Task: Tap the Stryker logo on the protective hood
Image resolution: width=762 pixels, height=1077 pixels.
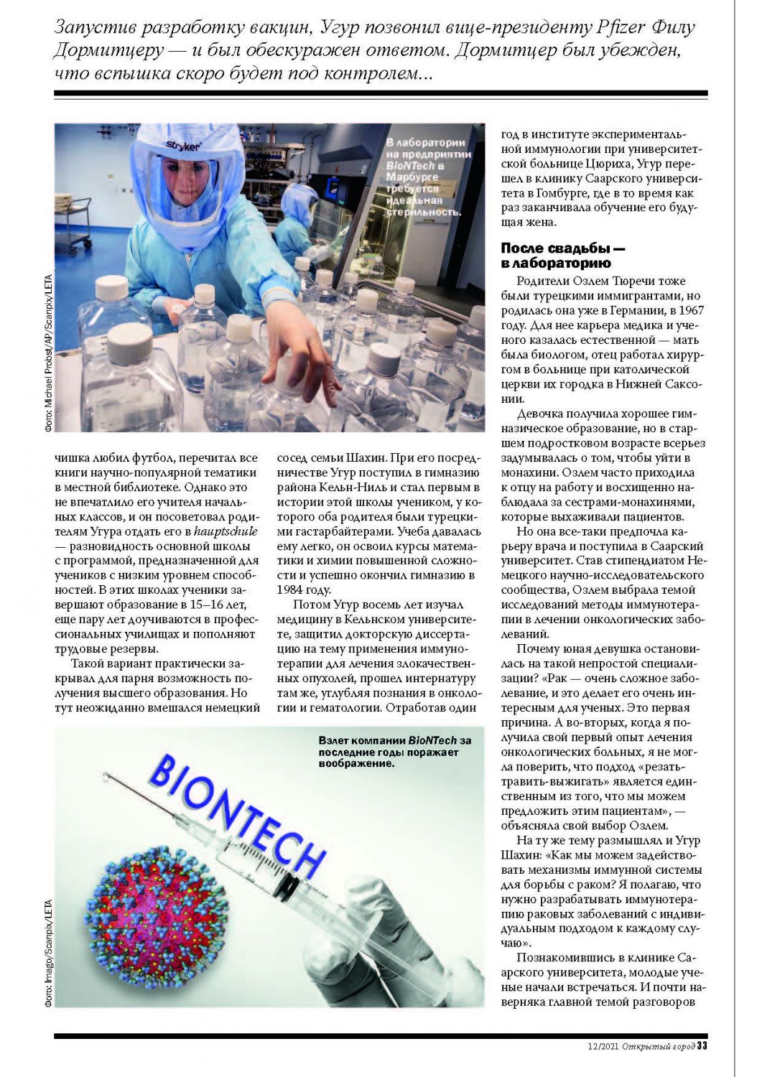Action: [185, 146]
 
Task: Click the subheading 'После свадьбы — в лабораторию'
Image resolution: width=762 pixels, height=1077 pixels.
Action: [562, 256]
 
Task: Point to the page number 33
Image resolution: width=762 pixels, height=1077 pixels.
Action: [702, 1045]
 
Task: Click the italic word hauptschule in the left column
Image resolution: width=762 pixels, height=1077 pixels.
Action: [226, 531]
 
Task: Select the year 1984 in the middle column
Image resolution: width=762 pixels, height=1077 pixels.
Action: [293, 589]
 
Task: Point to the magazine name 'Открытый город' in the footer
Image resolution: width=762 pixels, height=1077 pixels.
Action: [658, 1046]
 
